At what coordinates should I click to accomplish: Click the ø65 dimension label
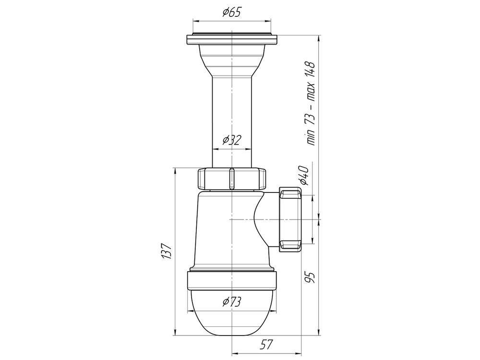click(232, 12)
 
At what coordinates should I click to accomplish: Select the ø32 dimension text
click(232, 140)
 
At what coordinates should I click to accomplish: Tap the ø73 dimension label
click(232, 301)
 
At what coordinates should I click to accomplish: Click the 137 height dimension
click(166, 251)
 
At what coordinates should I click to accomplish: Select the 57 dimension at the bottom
click(266, 345)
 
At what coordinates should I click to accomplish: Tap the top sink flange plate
click(232, 40)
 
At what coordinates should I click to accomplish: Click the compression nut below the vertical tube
click(232, 179)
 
